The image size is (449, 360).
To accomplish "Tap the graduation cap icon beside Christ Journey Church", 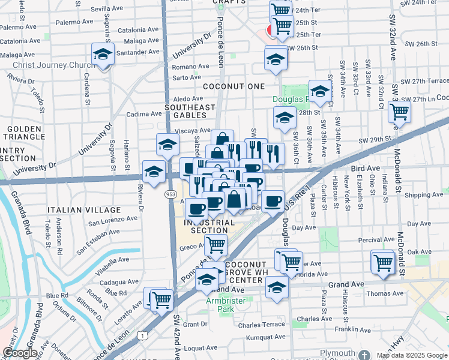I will point(103,55).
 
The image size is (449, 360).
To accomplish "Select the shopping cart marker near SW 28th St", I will point(399,111).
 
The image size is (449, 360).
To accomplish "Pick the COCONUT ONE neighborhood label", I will point(234,86).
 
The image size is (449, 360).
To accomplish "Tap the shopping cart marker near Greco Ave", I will point(215,244).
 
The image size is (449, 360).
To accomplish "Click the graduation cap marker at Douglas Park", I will point(320,91).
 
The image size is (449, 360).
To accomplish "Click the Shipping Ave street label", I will point(424,195).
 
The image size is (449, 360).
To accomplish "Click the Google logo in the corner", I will point(19,353).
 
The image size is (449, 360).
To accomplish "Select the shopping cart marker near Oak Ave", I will point(382,260).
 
